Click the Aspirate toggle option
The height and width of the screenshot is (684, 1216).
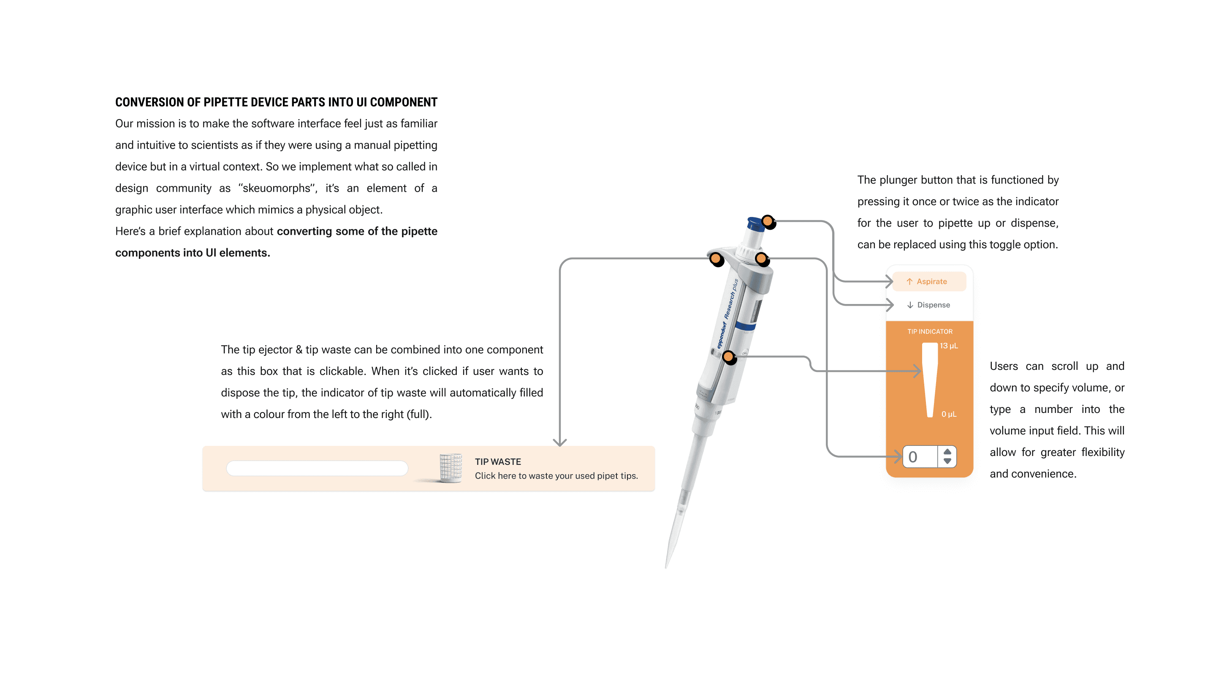pos(928,281)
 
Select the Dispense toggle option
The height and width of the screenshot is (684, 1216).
pos(928,305)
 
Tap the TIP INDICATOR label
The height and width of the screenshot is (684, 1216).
pos(929,331)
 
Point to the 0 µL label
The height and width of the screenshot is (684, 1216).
pos(948,414)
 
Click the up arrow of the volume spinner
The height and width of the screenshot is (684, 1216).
pos(947,452)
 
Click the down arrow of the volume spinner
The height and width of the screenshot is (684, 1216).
pos(947,461)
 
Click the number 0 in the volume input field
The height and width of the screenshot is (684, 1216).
pos(913,456)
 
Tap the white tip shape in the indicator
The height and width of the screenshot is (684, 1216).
pos(929,377)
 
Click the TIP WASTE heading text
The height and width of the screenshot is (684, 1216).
pos(497,461)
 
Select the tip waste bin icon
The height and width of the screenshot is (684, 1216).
pos(451,468)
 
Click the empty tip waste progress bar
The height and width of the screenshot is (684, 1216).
pos(317,468)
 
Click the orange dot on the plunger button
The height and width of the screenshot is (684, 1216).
pos(768,221)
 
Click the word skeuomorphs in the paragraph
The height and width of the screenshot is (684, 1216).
pos(277,188)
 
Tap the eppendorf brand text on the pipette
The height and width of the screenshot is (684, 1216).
pos(721,335)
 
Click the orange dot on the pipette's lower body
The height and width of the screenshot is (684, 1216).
pos(728,356)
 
